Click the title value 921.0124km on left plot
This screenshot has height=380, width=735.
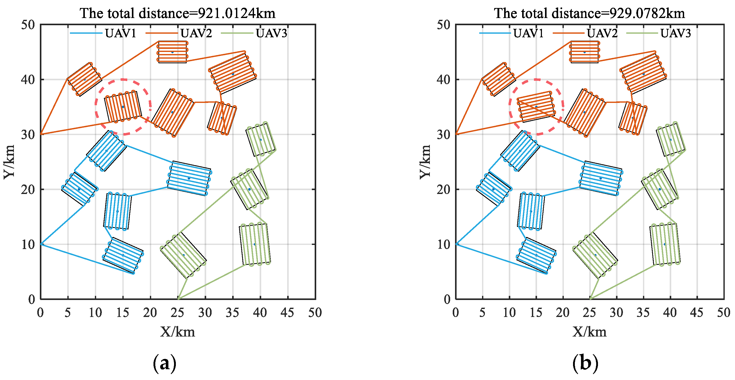236,13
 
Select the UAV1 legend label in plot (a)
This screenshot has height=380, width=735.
120,33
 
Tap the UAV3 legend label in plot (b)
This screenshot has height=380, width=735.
675,33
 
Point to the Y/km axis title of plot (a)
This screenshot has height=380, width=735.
9,162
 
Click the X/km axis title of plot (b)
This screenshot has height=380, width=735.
589,332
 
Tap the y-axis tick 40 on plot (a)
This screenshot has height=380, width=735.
28,79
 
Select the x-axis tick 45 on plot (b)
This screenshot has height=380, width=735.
696,313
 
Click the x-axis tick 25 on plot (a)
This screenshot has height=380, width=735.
177,313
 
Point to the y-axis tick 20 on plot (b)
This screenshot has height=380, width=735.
443,189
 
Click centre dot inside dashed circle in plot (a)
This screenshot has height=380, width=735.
123,107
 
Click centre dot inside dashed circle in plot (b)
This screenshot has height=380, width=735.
536,107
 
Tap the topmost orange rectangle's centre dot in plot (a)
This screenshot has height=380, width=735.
172,52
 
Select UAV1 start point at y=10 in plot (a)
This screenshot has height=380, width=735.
41,244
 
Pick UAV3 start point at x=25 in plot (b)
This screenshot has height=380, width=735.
590,299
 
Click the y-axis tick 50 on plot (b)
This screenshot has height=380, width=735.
443,25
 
